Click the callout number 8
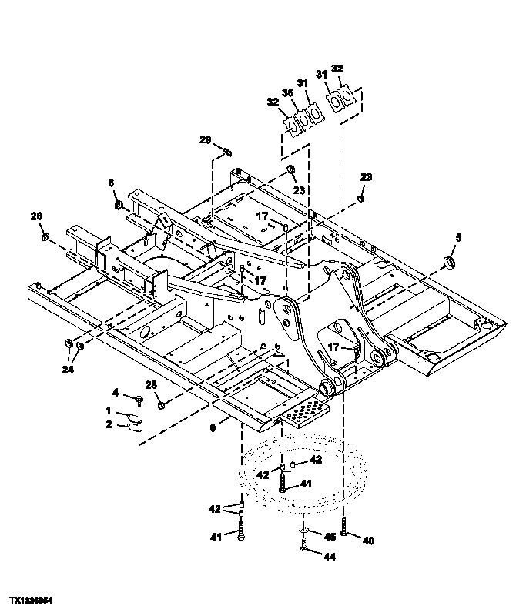pos(110,183)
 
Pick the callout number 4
pos(116,393)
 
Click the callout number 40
pos(368,541)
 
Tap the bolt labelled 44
pos(305,549)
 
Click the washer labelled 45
pos(305,532)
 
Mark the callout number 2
pos(109,424)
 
